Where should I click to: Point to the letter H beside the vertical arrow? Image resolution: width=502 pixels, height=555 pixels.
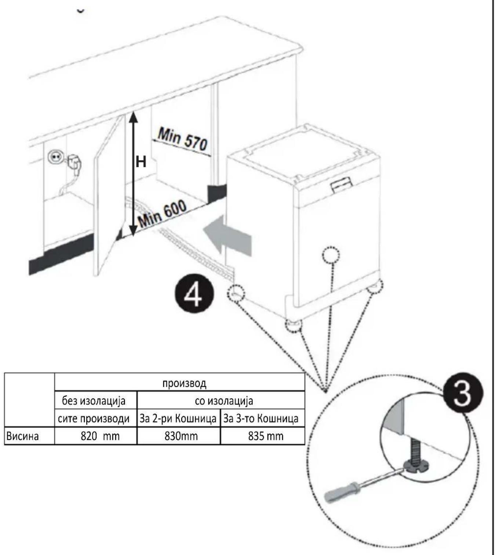[x=141, y=162]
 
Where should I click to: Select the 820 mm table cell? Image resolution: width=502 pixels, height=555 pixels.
[x=95, y=436]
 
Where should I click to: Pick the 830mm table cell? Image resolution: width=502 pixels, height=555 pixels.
[x=178, y=436]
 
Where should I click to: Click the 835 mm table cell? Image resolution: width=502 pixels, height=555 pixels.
[x=262, y=436]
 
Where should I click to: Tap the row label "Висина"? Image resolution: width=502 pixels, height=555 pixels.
[x=22, y=436]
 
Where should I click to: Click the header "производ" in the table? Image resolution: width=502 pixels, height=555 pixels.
[x=184, y=383]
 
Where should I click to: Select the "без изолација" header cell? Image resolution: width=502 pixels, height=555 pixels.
[x=94, y=401]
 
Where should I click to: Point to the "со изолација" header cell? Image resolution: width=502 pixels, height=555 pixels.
[x=224, y=401]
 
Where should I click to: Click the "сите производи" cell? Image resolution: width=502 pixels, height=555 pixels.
[x=94, y=419]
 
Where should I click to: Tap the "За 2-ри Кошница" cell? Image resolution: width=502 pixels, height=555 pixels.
[x=178, y=419]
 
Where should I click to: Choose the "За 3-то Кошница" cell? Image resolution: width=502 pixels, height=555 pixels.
[x=261, y=419]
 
